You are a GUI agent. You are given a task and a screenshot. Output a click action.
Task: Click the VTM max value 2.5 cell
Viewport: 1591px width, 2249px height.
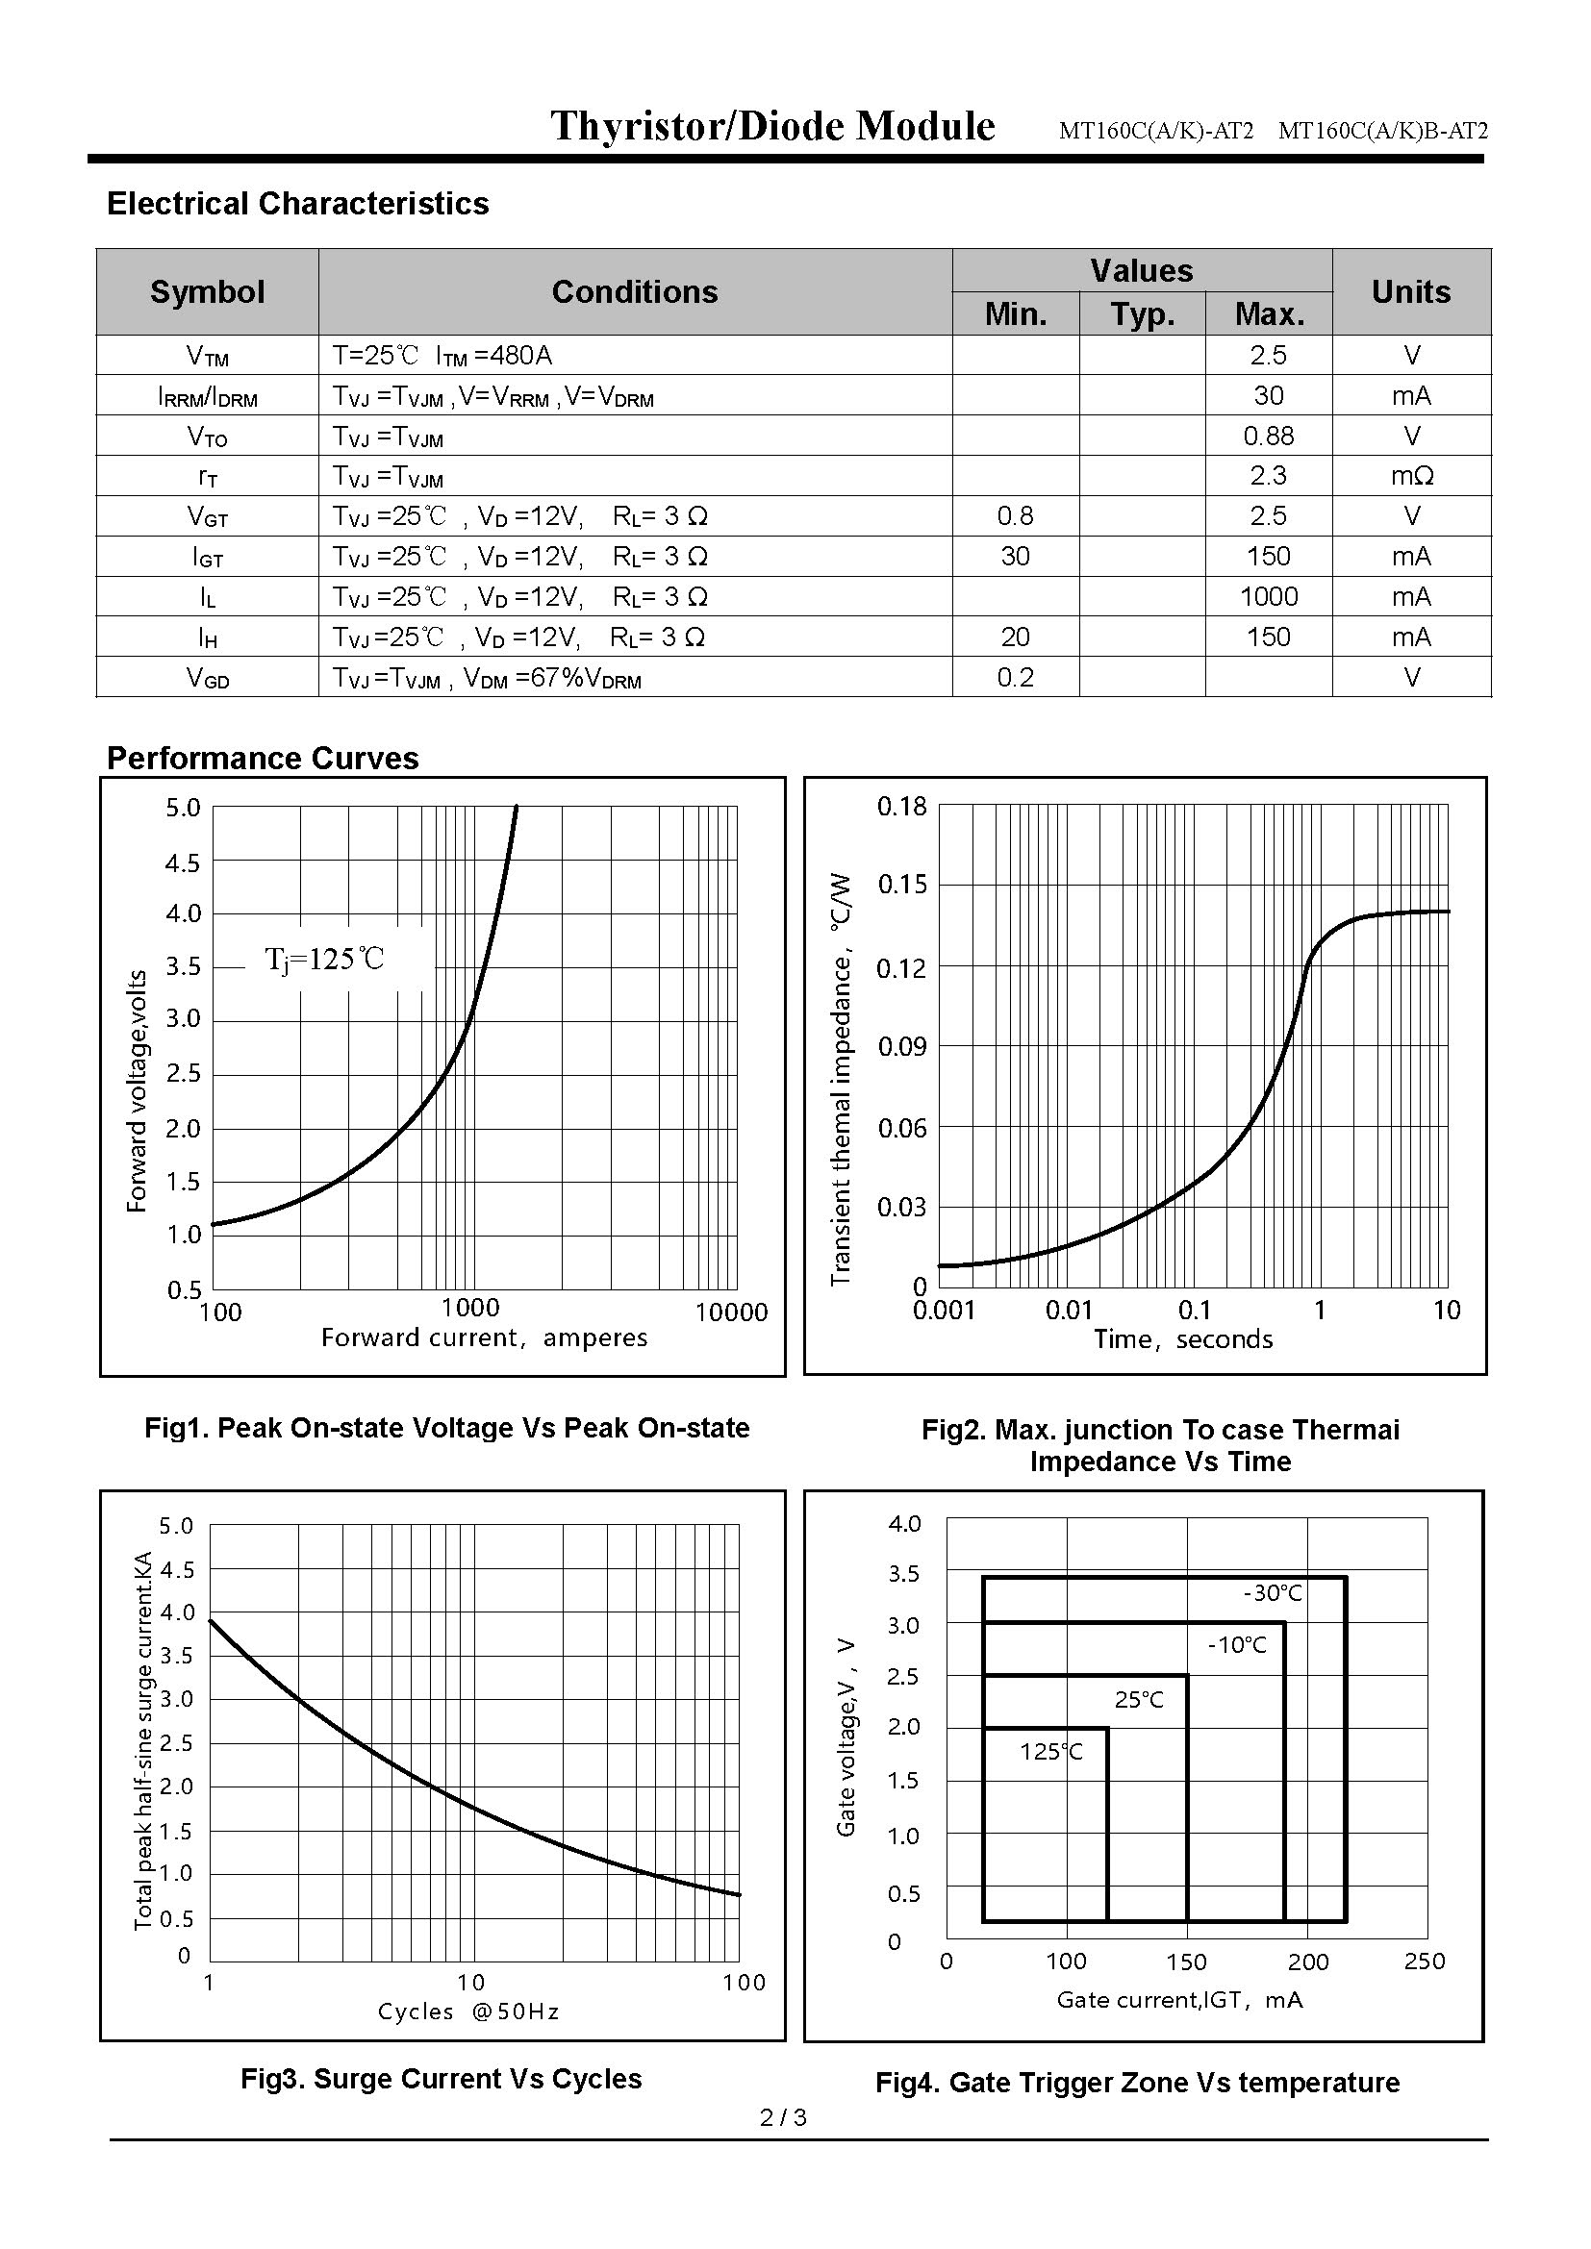pos(1268,356)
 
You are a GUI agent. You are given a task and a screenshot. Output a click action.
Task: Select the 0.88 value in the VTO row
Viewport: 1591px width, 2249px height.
pos(1268,436)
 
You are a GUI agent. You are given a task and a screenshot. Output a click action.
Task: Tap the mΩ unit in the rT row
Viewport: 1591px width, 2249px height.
pos(1411,476)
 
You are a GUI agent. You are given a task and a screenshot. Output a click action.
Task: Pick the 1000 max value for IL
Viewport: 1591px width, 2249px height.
pos(1268,596)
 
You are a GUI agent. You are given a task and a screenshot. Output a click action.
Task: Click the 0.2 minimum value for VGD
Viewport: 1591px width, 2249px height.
pos(1015,677)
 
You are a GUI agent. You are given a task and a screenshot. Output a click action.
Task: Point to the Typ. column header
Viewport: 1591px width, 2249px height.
pos(1143,314)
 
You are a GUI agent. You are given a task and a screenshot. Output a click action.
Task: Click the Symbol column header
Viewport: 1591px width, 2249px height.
pos(207,292)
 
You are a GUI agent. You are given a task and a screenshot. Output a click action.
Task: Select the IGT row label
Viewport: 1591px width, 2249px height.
pos(207,558)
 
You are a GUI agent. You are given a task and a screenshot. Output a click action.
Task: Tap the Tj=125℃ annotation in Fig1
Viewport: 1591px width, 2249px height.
pos(324,959)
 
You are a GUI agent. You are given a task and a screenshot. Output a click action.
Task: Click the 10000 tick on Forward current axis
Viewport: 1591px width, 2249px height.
pos(731,1312)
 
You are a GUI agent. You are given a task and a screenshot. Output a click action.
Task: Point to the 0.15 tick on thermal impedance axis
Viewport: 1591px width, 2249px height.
pos(901,885)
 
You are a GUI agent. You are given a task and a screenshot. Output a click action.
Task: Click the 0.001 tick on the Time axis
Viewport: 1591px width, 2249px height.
pos(945,1311)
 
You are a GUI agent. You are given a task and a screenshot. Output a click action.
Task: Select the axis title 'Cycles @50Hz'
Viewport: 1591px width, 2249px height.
pos(468,2011)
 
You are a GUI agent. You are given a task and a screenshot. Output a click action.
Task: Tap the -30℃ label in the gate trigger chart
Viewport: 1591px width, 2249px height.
pos(1272,1593)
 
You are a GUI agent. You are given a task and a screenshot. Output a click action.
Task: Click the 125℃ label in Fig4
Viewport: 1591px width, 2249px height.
pos(1051,1750)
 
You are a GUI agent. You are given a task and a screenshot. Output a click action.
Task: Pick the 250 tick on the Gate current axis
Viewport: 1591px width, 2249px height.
pos(1425,1961)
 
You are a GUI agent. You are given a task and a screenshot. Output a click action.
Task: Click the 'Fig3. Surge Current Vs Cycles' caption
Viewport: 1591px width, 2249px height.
pos(441,2079)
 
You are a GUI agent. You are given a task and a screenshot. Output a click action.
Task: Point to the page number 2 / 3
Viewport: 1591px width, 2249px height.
pos(783,2117)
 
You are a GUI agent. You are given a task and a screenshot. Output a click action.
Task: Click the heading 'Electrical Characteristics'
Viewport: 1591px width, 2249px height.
pos(298,204)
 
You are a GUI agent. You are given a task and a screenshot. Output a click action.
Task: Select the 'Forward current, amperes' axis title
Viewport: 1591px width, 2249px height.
pos(484,1338)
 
